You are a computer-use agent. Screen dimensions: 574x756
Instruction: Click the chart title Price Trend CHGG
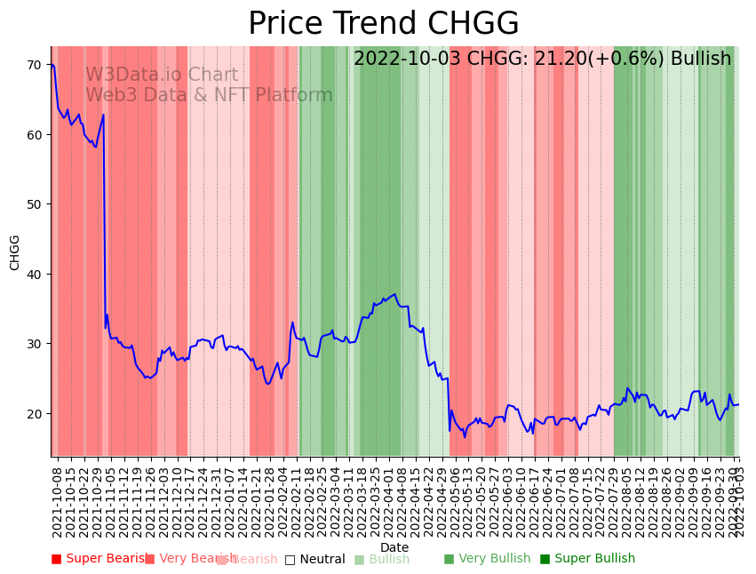[x=383, y=24]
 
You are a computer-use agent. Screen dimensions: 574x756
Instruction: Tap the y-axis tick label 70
[x=34, y=65]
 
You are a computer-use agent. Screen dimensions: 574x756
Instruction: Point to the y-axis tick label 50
[x=34, y=204]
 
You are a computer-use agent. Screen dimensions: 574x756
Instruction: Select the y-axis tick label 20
[x=34, y=414]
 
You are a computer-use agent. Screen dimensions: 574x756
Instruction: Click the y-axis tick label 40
[x=34, y=274]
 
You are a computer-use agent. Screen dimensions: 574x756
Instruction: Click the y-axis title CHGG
[x=15, y=252]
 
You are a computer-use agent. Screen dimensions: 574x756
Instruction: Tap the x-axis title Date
[x=394, y=548]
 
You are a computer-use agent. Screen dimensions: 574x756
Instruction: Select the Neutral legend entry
[x=314, y=559]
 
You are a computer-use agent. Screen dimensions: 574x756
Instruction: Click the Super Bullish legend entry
[x=587, y=559]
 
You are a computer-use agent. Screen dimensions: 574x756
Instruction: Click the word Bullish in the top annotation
[x=701, y=60]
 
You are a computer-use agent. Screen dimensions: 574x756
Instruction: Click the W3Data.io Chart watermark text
[x=162, y=76]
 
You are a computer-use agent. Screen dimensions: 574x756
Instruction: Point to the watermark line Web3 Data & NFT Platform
[x=209, y=96]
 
